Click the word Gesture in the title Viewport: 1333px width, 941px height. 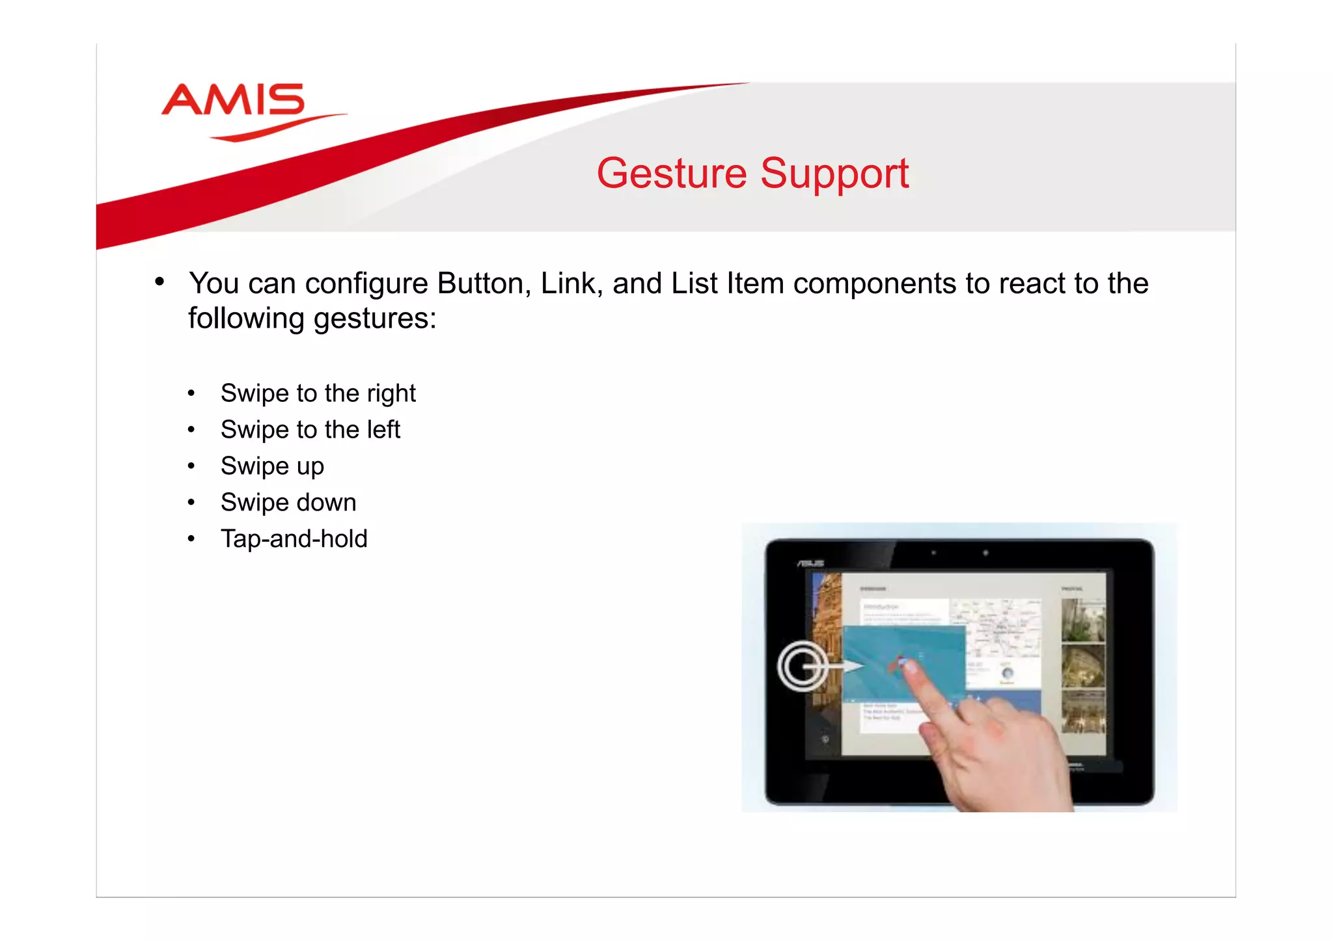672,174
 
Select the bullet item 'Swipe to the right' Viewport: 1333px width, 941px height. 318,393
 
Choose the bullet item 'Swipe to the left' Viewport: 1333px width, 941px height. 310,430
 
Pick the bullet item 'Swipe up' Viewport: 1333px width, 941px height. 272,466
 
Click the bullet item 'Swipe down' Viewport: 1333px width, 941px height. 288,503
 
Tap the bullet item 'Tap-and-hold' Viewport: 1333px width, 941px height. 294,539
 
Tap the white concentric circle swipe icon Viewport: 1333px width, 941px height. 803,666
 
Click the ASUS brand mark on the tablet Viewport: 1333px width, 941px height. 811,563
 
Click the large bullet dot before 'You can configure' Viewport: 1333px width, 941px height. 159,282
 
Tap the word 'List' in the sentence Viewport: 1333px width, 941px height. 694,284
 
